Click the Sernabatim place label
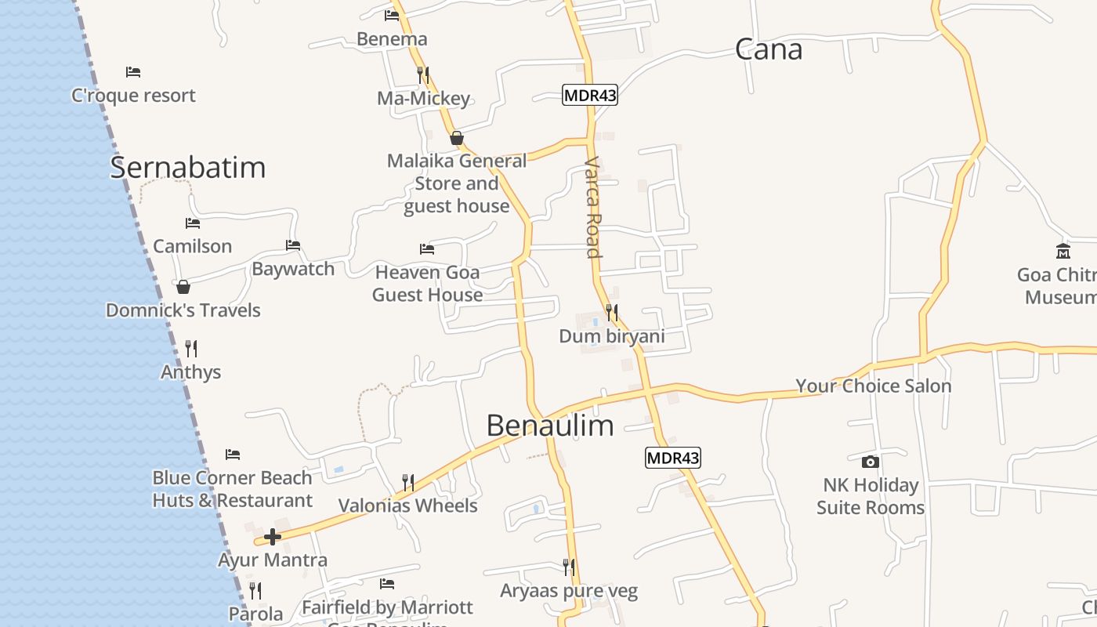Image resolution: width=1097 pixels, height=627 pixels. [x=187, y=168]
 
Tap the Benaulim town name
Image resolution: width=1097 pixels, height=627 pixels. [x=549, y=426]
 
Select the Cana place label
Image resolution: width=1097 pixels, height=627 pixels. [x=769, y=49]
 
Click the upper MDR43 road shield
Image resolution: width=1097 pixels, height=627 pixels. [x=590, y=96]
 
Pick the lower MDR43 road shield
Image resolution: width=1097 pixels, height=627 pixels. [x=672, y=458]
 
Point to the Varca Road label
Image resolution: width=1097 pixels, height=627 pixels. [x=593, y=207]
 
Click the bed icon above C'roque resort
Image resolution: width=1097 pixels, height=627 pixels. [x=133, y=72]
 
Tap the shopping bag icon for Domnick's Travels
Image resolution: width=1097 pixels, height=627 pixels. [x=183, y=287]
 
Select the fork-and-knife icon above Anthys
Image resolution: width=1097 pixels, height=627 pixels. [x=190, y=348]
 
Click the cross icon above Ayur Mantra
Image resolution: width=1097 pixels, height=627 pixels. [x=273, y=537]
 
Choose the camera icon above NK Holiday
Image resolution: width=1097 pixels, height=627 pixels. [x=870, y=462]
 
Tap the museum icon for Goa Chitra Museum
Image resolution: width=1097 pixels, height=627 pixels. [x=1063, y=252]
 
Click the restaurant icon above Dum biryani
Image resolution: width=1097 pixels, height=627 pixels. [x=611, y=313]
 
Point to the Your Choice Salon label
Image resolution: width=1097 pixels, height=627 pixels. [x=873, y=386]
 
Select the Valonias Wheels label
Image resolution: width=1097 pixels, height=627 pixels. [x=407, y=506]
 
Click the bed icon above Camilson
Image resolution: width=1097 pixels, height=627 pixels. [x=193, y=223]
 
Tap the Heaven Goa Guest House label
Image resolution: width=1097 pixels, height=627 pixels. [x=427, y=283]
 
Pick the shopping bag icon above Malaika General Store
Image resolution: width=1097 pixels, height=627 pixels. [x=457, y=139]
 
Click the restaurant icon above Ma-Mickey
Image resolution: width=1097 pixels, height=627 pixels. [x=423, y=74]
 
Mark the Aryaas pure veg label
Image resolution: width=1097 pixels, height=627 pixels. [x=569, y=591]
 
